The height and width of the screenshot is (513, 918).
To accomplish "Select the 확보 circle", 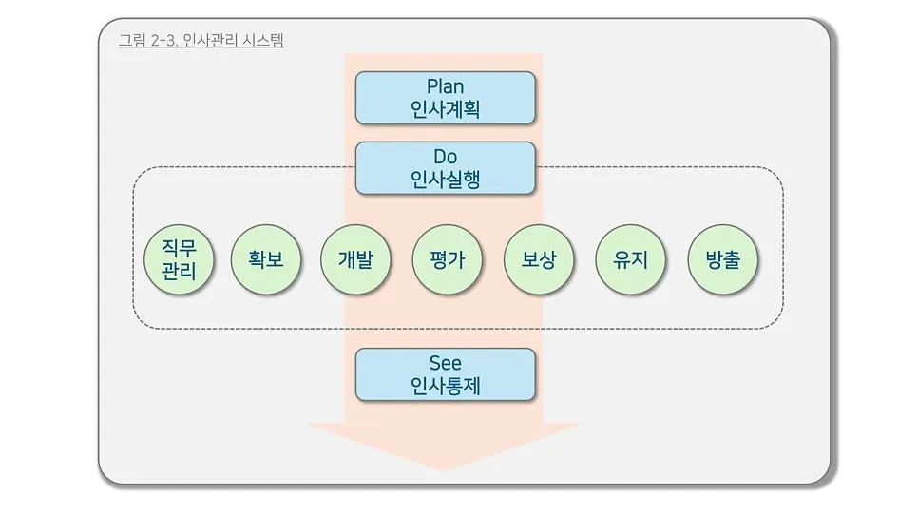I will pos(266,258).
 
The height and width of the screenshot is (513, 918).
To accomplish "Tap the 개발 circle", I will pos(355,258).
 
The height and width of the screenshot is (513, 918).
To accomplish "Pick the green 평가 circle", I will pos(447,258).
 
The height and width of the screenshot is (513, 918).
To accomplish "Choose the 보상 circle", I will pos(539,258).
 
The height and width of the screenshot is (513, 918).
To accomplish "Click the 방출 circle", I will pos(723,258).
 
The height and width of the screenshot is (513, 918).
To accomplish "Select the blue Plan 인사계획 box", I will pos(446,98).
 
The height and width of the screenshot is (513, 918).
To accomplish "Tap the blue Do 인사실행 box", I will pos(446,167).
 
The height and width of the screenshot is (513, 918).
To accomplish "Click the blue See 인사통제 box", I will pos(446,374).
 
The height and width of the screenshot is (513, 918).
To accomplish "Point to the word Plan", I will pos(446,86).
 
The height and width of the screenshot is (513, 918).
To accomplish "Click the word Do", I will pos(446,156).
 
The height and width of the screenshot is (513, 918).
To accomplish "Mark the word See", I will pos(446,363).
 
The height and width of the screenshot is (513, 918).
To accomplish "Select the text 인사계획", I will pos(446,109).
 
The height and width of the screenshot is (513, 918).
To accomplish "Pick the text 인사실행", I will pos(446,179).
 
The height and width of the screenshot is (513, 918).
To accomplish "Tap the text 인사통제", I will pos(446,386).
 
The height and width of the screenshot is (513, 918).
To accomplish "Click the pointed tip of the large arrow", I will pos(444,469).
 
